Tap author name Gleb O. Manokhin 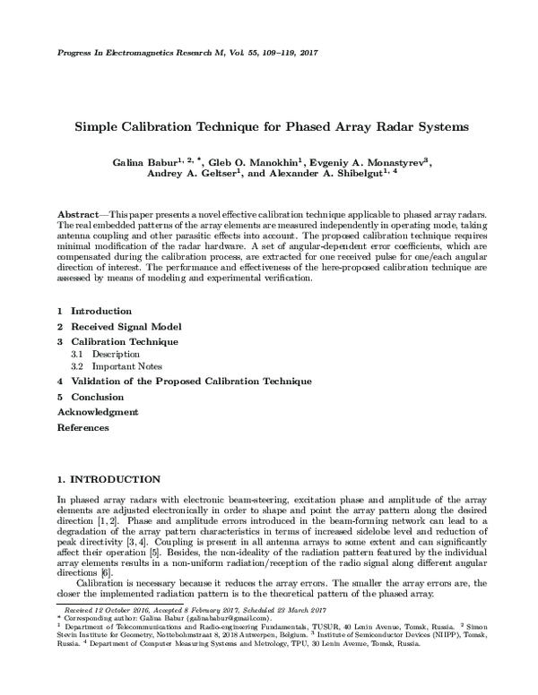click(x=256, y=162)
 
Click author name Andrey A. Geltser click(x=190, y=176)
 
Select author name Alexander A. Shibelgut click(x=324, y=176)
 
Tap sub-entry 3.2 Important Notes click(x=116, y=367)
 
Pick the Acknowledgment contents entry click(x=98, y=412)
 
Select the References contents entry click(x=82, y=427)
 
